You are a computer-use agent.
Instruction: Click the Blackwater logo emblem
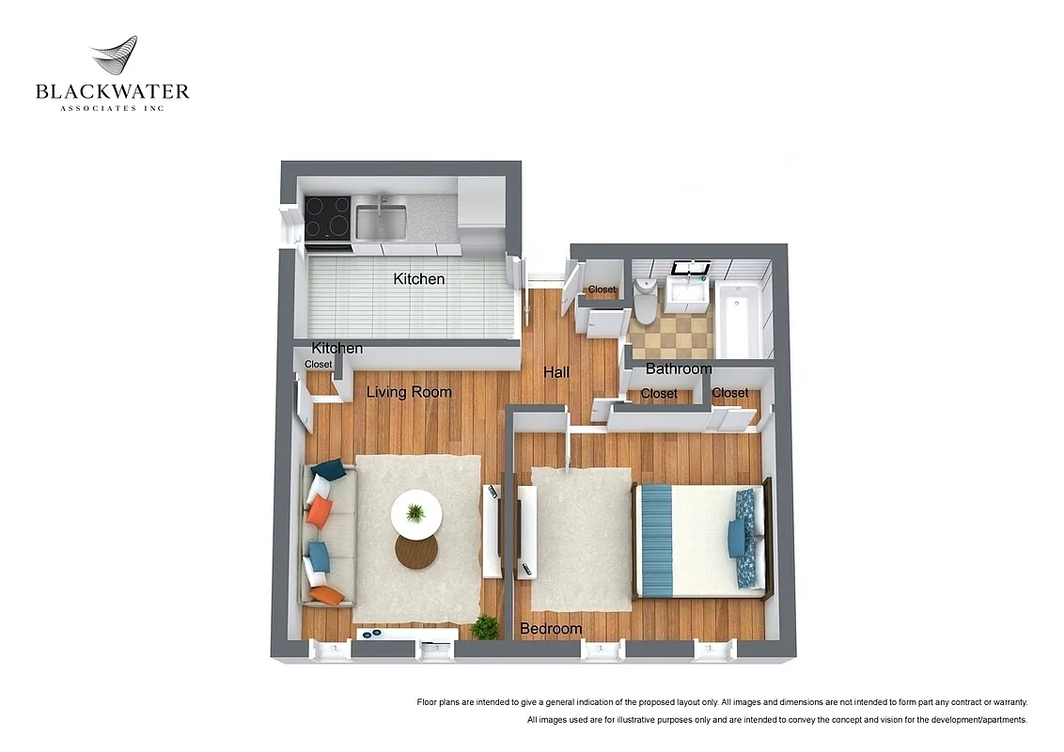click(x=114, y=58)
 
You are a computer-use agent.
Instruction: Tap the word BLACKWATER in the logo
click(x=113, y=92)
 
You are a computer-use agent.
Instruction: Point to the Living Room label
click(x=409, y=392)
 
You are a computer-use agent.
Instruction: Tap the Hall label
click(x=556, y=372)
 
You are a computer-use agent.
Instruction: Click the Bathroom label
click(x=679, y=368)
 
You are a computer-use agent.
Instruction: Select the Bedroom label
click(x=551, y=628)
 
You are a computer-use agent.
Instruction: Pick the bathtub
click(x=739, y=320)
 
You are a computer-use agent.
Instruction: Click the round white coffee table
click(x=416, y=513)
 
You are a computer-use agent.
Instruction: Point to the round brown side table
click(x=416, y=553)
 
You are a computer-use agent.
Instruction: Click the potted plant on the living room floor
click(x=486, y=626)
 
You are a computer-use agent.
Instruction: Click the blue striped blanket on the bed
click(x=655, y=540)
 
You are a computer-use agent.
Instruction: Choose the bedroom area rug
click(x=581, y=539)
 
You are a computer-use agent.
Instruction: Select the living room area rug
click(x=418, y=583)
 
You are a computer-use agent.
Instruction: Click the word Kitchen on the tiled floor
click(x=419, y=279)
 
